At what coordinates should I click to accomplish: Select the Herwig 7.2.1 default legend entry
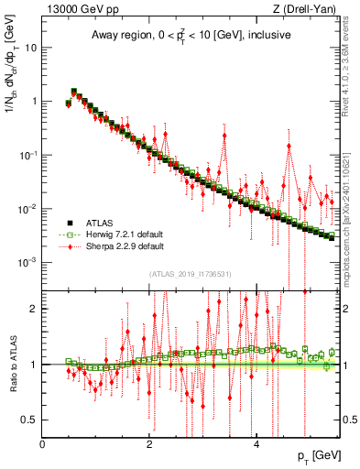tap(116, 234)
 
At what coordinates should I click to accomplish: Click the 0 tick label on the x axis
tap(43, 444)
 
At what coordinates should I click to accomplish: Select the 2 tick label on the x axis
tap(149, 444)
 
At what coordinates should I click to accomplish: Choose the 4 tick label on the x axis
tap(256, 444)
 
